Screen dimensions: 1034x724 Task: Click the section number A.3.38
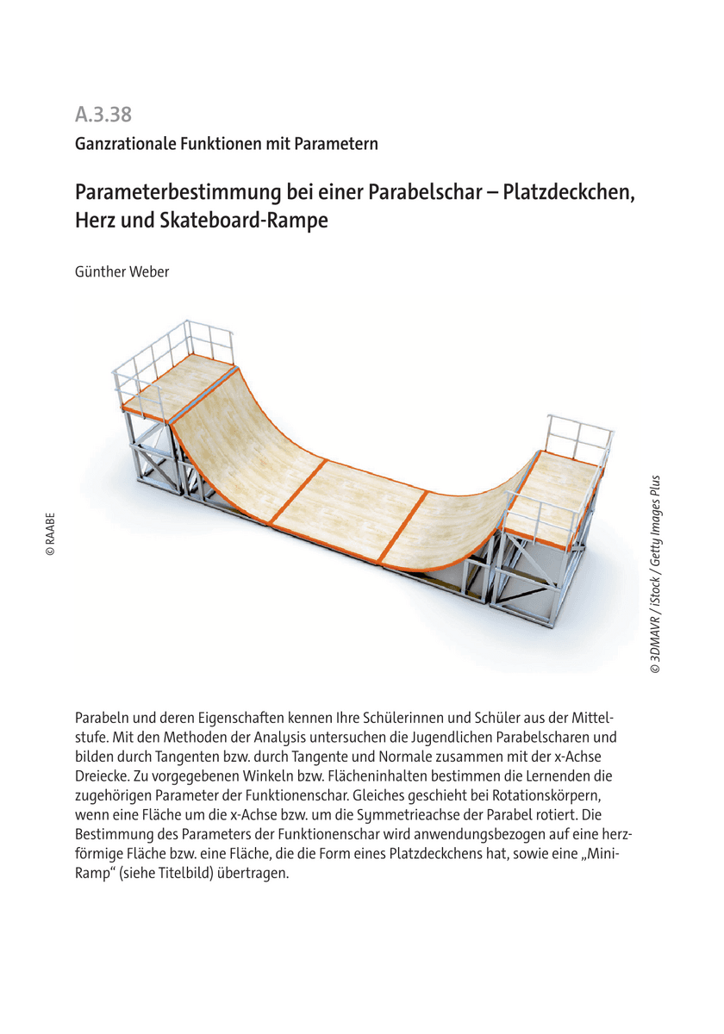coord(103,114)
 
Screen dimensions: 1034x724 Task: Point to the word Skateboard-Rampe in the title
coord(244,221)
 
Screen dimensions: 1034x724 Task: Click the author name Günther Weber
coord(122,272)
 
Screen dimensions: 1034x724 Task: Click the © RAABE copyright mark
coord(51,534)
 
